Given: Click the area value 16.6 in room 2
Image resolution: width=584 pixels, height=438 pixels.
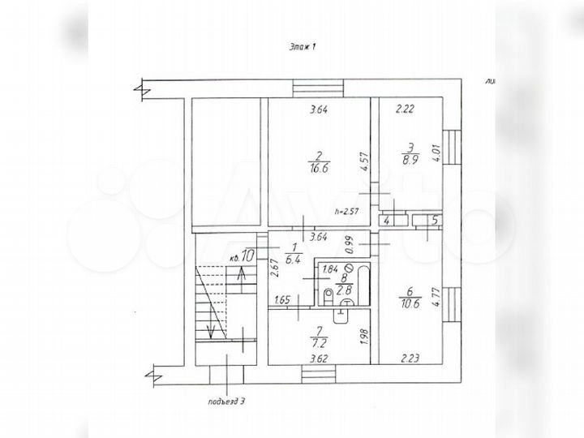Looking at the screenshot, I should click(x=317, y=170).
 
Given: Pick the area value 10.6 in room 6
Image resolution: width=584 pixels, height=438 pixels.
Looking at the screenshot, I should click(x=410, y=305).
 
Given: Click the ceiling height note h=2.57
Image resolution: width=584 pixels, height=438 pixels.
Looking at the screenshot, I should click(x=347, y=213).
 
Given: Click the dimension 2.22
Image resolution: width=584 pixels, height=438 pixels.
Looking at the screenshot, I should click(x=406, y=109).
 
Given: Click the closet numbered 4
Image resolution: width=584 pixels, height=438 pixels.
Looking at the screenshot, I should click(x=387, y=220).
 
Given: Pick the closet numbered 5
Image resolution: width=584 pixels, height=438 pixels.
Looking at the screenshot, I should click(x=434, y=220).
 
